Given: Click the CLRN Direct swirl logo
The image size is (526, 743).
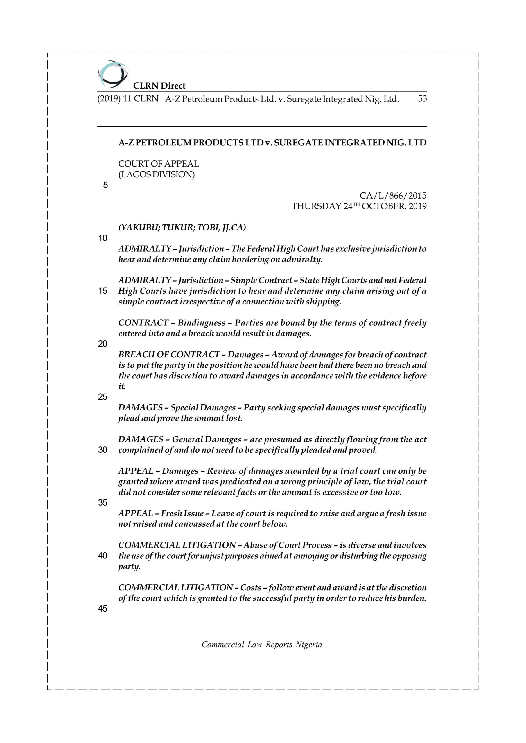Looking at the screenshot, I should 112,74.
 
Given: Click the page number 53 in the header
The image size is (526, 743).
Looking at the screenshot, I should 422,99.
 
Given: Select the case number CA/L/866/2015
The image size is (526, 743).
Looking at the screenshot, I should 393,196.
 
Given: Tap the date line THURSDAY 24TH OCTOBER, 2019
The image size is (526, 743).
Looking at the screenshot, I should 359,206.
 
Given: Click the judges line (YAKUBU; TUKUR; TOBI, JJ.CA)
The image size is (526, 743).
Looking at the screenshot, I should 182,228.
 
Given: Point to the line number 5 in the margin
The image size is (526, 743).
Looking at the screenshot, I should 105,185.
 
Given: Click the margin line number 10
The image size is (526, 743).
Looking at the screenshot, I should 103,238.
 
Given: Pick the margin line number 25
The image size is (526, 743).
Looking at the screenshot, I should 103,397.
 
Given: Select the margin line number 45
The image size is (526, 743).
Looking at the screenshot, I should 103,609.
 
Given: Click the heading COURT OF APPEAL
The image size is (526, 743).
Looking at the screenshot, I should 159,164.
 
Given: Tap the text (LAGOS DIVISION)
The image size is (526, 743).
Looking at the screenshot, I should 157,175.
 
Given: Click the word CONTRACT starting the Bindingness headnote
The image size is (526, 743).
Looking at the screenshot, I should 143,323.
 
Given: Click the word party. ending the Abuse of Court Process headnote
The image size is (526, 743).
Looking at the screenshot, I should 129,567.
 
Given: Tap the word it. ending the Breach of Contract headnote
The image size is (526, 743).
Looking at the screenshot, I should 122,386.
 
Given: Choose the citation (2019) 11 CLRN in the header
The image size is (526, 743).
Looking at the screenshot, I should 128,99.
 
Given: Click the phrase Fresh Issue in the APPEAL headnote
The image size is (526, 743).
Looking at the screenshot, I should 182,513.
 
